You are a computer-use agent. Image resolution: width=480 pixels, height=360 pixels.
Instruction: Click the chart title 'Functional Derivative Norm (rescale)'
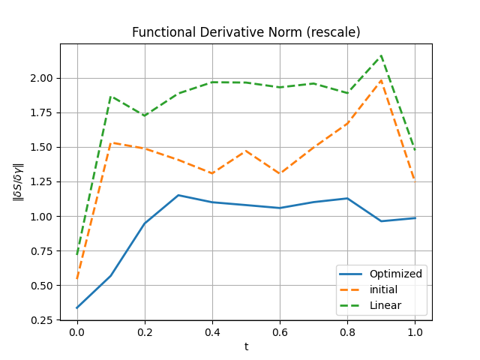point(246,32)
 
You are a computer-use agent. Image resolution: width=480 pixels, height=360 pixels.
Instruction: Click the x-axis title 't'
point(246,346)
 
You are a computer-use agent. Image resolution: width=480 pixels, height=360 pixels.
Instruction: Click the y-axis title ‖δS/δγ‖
point(18,181)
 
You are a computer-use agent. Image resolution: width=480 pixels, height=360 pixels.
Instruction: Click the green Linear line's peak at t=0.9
point(381,55)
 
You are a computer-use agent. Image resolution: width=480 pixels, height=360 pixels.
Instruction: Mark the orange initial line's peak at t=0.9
point(381,80)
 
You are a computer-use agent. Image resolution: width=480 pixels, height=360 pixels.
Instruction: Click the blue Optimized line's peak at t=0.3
point(178,195)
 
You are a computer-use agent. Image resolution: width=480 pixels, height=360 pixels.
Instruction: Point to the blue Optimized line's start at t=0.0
point(76,307)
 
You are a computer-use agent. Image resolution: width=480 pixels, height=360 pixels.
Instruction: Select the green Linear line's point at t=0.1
point(110,97)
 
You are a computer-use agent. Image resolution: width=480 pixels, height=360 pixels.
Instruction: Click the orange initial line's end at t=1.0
point(415,180)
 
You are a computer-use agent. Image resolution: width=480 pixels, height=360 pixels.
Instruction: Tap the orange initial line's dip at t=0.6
point(280,173)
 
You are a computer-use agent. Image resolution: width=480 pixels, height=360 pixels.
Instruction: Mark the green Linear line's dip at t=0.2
point(144,115)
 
